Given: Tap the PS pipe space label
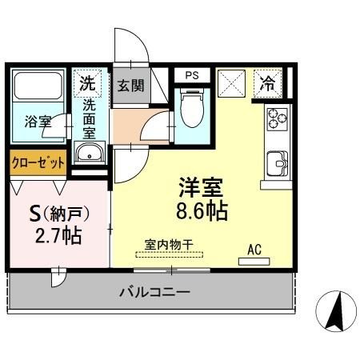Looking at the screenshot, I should (191, 76).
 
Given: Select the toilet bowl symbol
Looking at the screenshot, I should (191, 110).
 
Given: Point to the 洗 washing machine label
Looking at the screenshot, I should (87, 82).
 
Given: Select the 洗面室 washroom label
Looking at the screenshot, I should (88, 116).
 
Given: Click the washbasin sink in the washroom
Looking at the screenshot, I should (88, 154).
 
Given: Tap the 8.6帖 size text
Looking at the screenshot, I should (201, 212).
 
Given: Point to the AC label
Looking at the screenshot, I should (254, 250).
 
